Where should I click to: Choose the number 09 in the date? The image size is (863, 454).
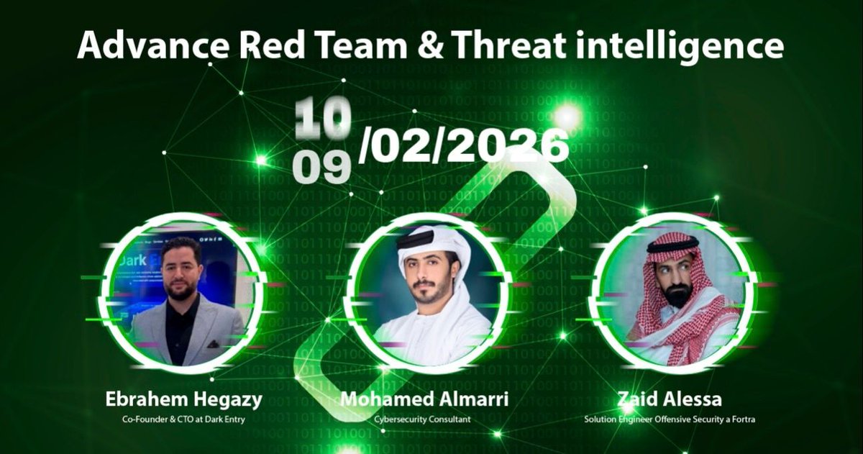coord(321,166)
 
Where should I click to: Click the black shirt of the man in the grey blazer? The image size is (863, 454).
coord(183,327)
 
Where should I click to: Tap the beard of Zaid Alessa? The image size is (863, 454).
coord(676,294)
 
